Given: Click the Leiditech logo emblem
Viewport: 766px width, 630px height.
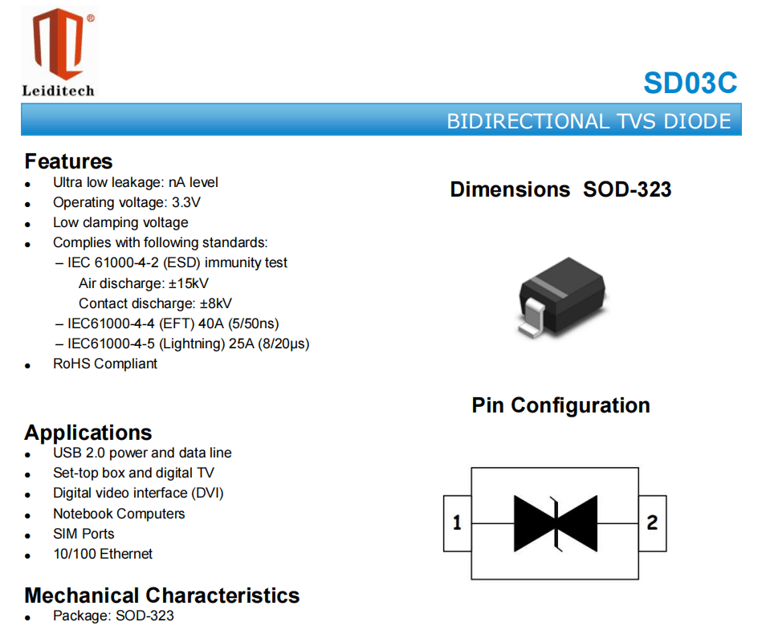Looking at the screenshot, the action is [x=59, y=44].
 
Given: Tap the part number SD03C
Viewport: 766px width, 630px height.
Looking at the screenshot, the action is [x=691, y=83].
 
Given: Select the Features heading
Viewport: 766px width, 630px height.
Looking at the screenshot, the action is [x=68, y=161].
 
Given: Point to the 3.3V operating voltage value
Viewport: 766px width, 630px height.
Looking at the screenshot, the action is [x=186, y=202].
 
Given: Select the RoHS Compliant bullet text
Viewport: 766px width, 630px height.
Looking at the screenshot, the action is [x=105, y=364].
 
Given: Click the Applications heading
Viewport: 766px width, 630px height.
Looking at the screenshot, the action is [x=88, y=433].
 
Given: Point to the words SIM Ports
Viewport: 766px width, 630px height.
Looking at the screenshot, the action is [x=84, y=534].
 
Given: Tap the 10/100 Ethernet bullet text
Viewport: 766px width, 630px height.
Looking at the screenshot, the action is [x=103, y=554].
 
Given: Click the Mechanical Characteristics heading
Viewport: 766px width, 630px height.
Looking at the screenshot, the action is [x=162, y=595].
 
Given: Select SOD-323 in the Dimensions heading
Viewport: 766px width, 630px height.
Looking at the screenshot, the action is [x=627, y=189].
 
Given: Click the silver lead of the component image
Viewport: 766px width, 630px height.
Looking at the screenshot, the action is [x=532, y=318].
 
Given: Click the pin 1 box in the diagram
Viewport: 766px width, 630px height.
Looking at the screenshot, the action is [x=457, y=523].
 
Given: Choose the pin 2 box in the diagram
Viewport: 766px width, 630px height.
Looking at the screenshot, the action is [x=652, y=523].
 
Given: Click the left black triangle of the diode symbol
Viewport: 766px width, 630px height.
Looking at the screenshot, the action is [x=533, y=523].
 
